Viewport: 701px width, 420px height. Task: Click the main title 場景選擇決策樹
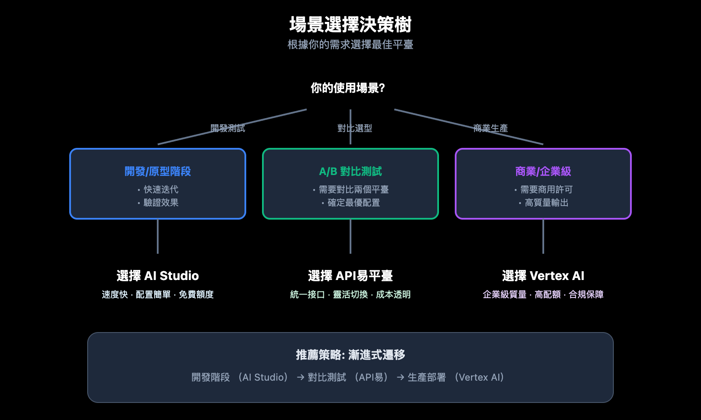click(x=350, y=24)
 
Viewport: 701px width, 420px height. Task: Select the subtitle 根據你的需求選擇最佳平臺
click(x=350, y=45)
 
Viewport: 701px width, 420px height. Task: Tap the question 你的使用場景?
click(x=348, y=88)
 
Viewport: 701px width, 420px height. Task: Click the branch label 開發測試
click(x=228, y=128)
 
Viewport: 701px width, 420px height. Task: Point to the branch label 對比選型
click(x=355, y=128)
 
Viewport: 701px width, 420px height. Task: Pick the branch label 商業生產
click(x=491, y=128)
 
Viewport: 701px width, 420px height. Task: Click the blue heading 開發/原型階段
click(x=158, y=171)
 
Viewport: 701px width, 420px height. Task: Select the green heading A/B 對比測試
click(x=350, y=171)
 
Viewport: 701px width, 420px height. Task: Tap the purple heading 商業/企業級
click(x=543, y=171)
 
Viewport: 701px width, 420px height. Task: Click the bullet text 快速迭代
click(x=161, y=189)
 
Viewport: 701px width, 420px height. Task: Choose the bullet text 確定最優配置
click(x=354, y=203)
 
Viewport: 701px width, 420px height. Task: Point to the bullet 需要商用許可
click(x=546, y=189)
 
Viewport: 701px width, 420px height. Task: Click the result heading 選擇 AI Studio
click(x=158, y=276)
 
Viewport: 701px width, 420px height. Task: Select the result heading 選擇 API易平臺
click(x=350, y=276)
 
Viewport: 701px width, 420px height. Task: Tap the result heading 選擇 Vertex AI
click(x=543, y=276)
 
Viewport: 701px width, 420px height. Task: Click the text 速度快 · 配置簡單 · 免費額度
click(x=158, y=294)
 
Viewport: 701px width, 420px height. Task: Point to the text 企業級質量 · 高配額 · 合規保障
click(x=543, y=294)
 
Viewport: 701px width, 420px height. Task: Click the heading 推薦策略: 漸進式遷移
click(x=350, y=355)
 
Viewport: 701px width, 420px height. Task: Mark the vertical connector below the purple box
click(x=543, y=236)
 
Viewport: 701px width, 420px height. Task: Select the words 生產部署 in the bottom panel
click(x=427, y=377)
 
